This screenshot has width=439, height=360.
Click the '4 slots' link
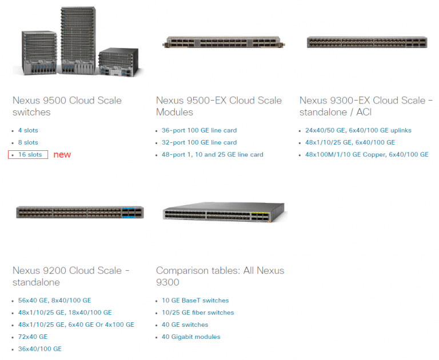(27, 130)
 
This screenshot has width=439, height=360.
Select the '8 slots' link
(27, 142)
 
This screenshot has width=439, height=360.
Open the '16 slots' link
(30, 154)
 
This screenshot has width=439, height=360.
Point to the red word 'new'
(62, 154)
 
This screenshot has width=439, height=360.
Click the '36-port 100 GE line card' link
(199, 130)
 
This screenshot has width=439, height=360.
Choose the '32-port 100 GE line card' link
(199, 142)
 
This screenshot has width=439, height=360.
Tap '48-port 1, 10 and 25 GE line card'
(212, 154)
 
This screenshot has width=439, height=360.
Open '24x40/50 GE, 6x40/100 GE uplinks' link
(358, 130)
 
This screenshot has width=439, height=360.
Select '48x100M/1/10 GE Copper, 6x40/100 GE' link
(367, 154)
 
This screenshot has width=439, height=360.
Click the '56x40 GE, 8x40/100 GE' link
(54, 300)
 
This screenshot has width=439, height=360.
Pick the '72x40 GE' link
(33, 337)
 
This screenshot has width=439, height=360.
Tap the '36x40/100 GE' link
(39, 349)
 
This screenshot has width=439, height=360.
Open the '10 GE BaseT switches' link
(195, 300)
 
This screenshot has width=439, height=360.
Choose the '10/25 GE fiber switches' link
(198, 313)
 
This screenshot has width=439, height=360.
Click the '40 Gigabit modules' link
(191, 337)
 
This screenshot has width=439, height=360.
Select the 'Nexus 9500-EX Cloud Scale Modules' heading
(219, 106)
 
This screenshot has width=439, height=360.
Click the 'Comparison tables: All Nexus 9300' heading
(220, 276)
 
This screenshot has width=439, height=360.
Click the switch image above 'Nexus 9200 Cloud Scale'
(79, 213)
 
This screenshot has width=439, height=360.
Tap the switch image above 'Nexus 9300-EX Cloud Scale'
(366, 42)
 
